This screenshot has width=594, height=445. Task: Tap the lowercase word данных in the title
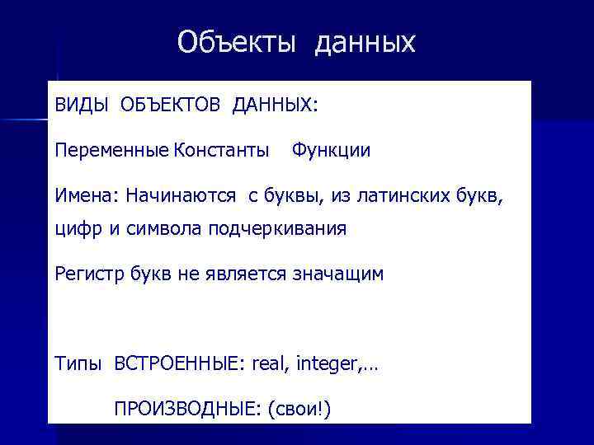pos(364,43)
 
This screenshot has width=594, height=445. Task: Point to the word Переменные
pos(111,151)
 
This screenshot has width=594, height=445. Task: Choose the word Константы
pos(221,151)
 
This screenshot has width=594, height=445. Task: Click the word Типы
pos(78,363)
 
